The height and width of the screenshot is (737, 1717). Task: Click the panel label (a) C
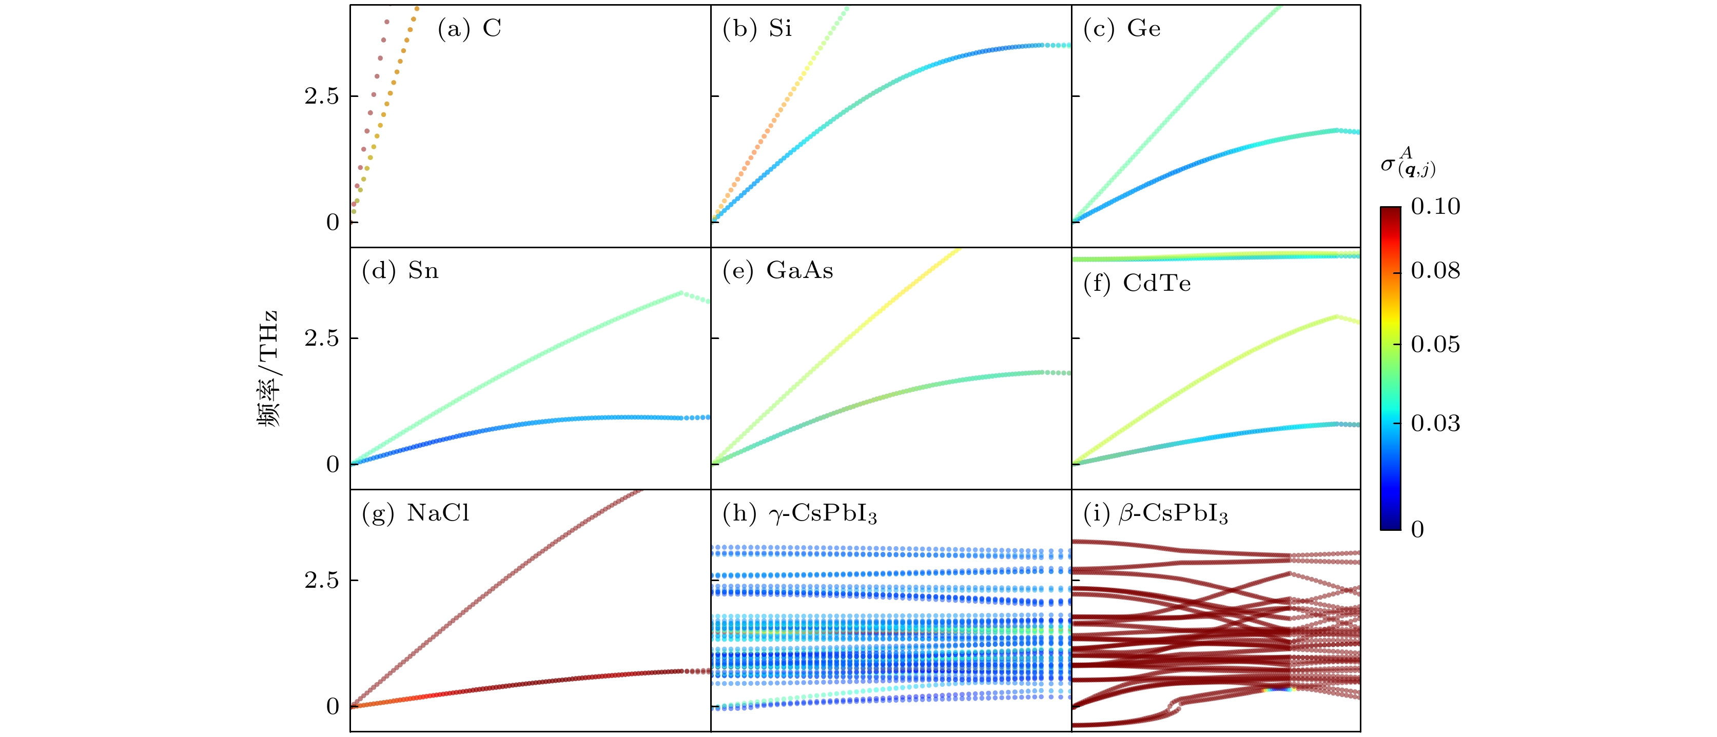[469, 29]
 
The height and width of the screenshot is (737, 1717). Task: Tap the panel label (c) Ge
[1122, 29]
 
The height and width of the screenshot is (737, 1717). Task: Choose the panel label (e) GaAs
[778, 271]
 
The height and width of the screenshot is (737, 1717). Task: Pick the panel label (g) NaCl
[415, 513]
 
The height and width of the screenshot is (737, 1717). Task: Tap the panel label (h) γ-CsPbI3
[799, 514]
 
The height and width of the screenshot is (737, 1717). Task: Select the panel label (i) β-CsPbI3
[1155, 514]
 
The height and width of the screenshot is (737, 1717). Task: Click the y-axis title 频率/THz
[268, 368]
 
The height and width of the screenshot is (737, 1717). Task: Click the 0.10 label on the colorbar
[1435, 207]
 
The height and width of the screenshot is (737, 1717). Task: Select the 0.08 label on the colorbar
[1435, 271]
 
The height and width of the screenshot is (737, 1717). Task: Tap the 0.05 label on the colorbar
[1435, 345]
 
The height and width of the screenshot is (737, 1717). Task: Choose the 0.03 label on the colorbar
[1435, 423]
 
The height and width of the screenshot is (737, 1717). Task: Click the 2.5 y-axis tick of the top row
[322, 96]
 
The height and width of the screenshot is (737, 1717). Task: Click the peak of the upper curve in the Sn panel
[680, 292]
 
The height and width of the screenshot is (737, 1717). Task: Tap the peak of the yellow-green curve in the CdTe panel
[1336, 316]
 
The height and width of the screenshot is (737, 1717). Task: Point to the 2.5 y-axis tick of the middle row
[322, 338]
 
